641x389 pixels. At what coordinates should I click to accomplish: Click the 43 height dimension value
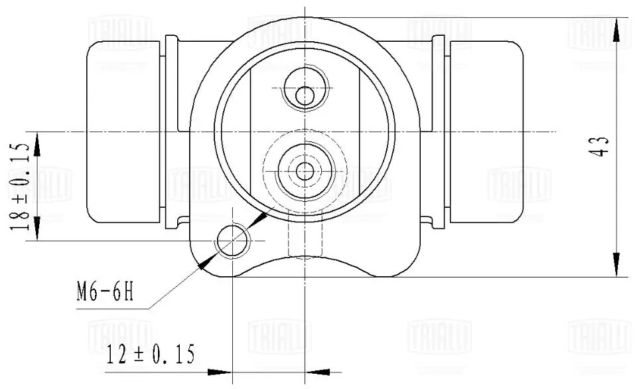(602, 145)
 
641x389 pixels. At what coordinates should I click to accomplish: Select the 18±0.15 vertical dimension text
(19, 186)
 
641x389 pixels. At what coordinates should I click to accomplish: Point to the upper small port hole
(305, 95)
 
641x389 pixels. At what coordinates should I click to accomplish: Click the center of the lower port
(305, 171)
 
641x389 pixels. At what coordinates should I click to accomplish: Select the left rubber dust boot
(124, 131)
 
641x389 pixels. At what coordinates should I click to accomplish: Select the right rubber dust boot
(486, 131)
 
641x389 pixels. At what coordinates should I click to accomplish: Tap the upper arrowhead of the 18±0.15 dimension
(37, 140)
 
